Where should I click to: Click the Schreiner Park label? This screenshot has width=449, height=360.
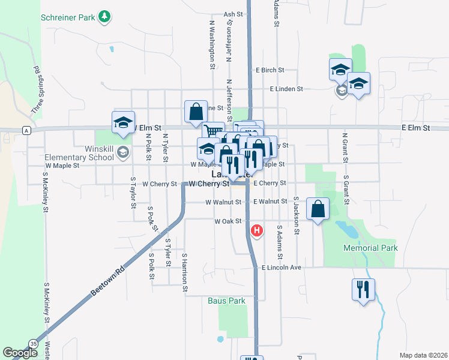(68, 17)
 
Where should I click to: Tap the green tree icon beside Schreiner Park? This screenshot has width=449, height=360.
(105, 16)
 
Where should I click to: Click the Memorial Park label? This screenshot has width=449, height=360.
(370, 248)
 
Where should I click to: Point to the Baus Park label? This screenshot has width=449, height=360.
(226, 301)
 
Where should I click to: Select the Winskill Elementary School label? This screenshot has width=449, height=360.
(79, 154)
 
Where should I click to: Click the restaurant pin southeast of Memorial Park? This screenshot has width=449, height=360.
(363, 290)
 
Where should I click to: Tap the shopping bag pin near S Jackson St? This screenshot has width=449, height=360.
(318, 210)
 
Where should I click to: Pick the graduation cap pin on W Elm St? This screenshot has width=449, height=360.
(123, 123)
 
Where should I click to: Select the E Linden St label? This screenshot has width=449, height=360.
(286, 89)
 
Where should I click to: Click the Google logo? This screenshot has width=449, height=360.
(20, 353)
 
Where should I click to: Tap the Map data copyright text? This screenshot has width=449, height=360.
(424, 355)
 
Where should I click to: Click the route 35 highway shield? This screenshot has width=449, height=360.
(33, 343)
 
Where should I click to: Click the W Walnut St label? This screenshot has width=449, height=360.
(223, 202)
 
